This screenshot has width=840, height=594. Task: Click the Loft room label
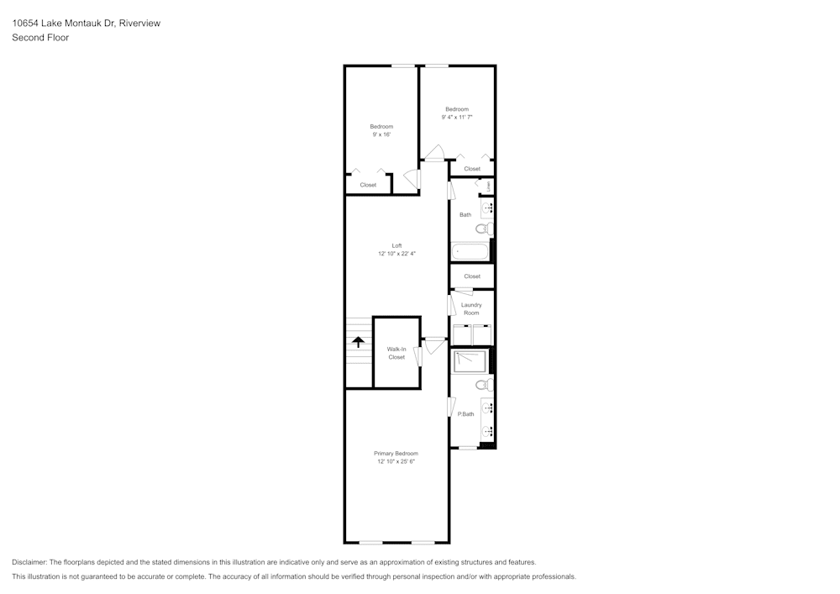(396, 246)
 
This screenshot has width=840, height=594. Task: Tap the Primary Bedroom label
(396, 454)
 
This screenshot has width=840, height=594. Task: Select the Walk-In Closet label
(396, 353)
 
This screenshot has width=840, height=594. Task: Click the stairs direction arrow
(358, 342)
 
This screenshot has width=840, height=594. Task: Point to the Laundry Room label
(471, 308)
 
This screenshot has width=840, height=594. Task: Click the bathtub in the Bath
(470, 251)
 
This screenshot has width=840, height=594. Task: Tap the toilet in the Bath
(485, 229)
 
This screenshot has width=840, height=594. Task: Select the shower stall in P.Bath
(470, 361)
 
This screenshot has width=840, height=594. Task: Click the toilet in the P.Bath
(485, 384)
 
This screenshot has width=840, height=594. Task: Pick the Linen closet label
(489, 186)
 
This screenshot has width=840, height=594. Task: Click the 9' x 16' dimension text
(381, 134)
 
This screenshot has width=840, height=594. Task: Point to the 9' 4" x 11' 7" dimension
(457, 117)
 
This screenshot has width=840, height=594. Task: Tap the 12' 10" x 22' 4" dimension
(396, 254)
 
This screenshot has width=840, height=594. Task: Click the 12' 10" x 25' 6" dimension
(396, 461)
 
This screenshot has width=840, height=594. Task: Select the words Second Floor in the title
(40, 38)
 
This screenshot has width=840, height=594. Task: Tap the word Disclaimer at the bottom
(29, 562)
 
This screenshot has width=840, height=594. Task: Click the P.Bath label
(465, 414)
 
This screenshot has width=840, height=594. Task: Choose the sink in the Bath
(487, 208)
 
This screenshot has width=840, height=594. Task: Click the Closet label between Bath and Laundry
(472, 276)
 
